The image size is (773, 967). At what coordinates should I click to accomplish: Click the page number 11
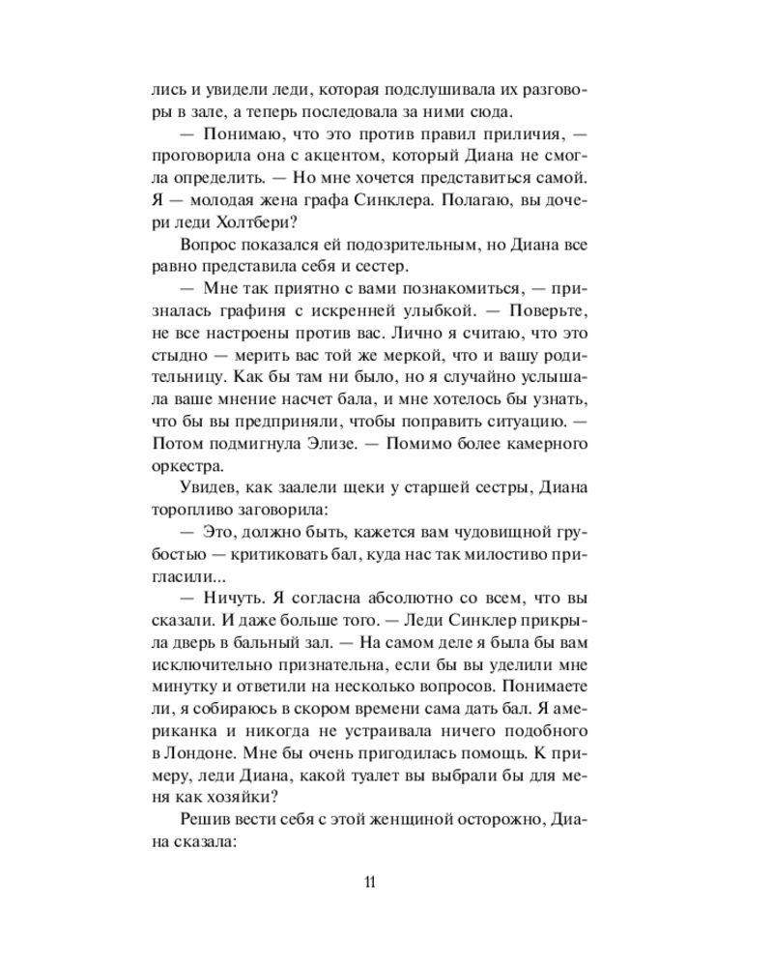(x=371, y=882)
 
